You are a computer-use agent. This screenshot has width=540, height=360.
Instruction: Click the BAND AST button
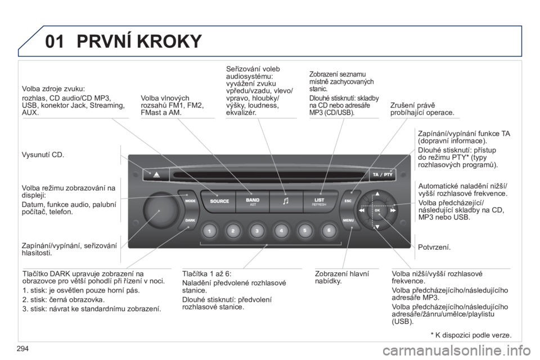click(x=253, y=201)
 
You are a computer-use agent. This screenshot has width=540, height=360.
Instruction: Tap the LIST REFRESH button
click(x=319, y=201)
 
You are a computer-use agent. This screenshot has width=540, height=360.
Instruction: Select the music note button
click(x=286, y=201)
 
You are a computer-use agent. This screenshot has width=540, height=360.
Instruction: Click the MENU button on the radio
click(x=349, y=220)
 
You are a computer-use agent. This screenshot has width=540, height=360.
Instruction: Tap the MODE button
click(x=190, y=201)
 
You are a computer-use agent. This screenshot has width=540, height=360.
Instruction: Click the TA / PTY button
click(x=382, y=175)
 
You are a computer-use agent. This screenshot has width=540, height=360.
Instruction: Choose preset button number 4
click(x=281, y=231)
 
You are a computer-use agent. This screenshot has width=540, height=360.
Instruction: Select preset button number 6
click(x=328, y=231)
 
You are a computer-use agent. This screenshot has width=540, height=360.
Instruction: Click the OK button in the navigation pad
click(x=377, y=210)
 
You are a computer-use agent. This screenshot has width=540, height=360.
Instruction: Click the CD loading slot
click(x=269, y=175)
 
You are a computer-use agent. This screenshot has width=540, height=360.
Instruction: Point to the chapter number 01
click(x=55, y=41)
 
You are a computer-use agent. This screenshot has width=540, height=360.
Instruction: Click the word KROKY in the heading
click(x=169, y=41)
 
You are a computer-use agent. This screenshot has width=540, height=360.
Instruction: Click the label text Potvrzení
click(x=434, y=247)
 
